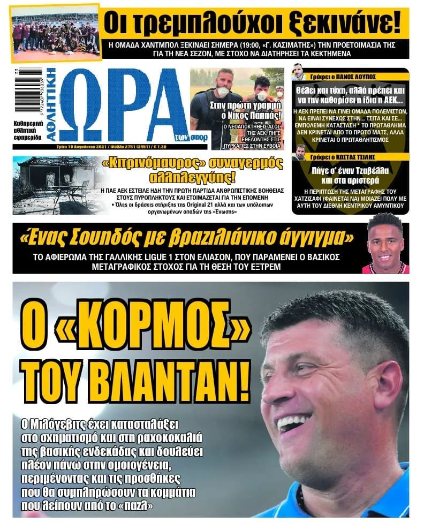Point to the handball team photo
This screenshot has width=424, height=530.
click(x=56, y=32)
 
